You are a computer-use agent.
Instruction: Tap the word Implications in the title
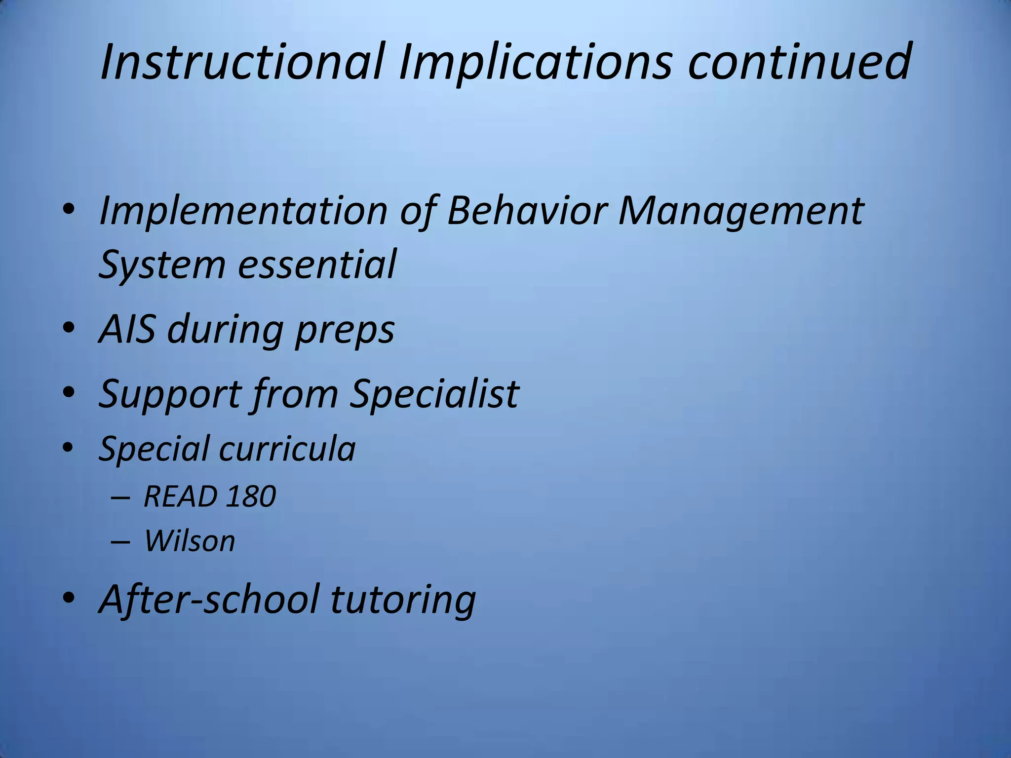[535, 63]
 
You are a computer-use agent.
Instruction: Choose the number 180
[251, 496]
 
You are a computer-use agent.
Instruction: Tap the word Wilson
[190, 541]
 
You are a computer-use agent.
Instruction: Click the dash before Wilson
[120, 542]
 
